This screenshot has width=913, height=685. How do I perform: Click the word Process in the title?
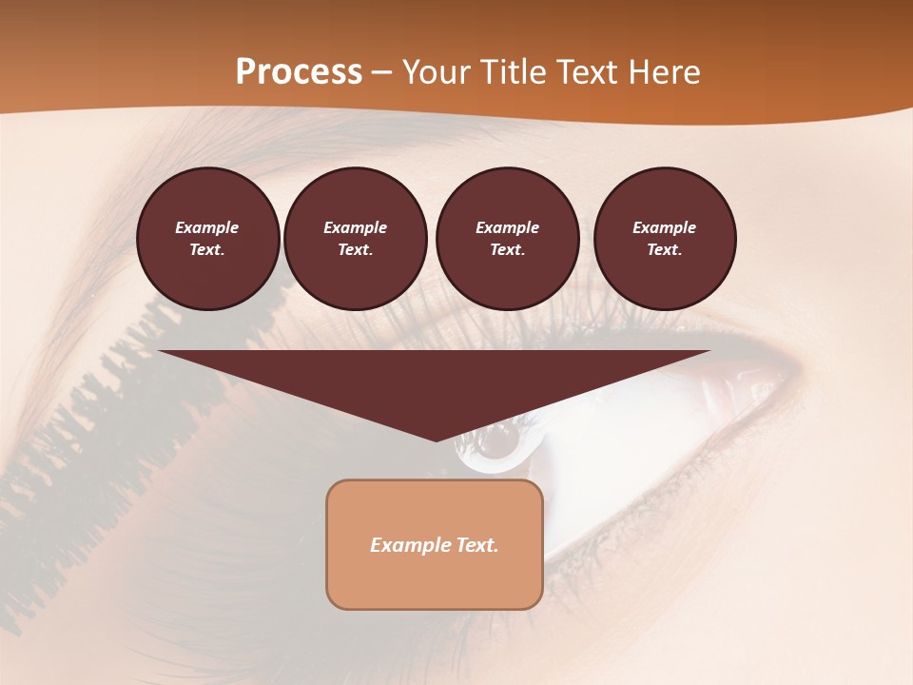click(299, 72)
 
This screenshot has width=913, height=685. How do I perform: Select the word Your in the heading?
click(439, 72)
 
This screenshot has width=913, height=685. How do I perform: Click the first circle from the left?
click(207, 239)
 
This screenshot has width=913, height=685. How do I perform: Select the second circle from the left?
click(356, 239)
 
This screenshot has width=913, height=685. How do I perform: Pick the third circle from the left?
click(507, 239)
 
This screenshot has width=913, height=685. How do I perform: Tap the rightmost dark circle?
click(665, 239)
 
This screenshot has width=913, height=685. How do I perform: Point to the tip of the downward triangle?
click(436, 439)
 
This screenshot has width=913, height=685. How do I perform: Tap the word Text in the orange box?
click(476, 545)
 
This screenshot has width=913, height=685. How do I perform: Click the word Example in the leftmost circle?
click(207, 227)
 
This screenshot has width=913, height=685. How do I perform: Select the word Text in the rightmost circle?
click(665, 250)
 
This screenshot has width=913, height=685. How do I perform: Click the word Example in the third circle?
click(507, 227)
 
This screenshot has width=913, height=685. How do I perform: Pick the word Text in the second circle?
click(356, 250)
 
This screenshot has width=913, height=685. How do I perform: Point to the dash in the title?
click(381, 73)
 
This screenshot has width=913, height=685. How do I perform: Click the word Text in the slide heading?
click(587, 72)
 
